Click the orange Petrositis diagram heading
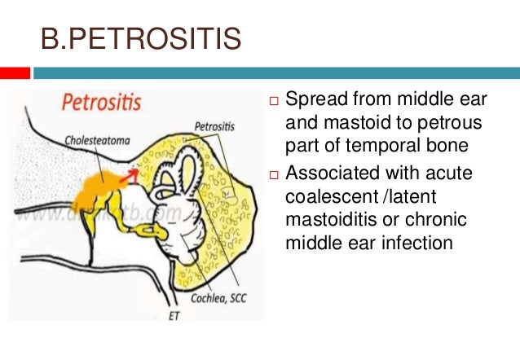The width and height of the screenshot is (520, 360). (x=98, y=103)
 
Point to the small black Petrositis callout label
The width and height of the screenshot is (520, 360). (x=214, y=127)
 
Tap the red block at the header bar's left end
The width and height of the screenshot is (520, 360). (x=15, y=73)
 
